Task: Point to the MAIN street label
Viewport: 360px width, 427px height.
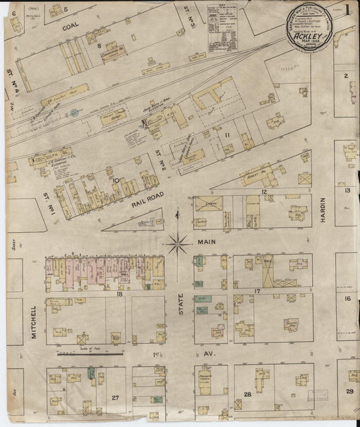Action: pos(205,241)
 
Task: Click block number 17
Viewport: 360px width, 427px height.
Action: pos(257,291)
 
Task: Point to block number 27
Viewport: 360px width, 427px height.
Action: pos(115,397)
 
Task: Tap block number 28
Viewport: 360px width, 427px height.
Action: pos(248,394)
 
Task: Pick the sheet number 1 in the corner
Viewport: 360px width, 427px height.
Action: pos(346,11)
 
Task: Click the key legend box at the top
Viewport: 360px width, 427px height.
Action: pos(222,28)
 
